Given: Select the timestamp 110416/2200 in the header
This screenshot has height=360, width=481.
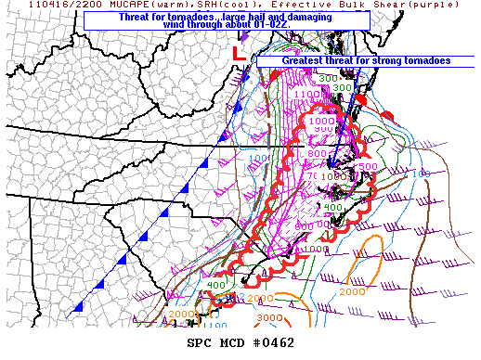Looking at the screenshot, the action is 38,6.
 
